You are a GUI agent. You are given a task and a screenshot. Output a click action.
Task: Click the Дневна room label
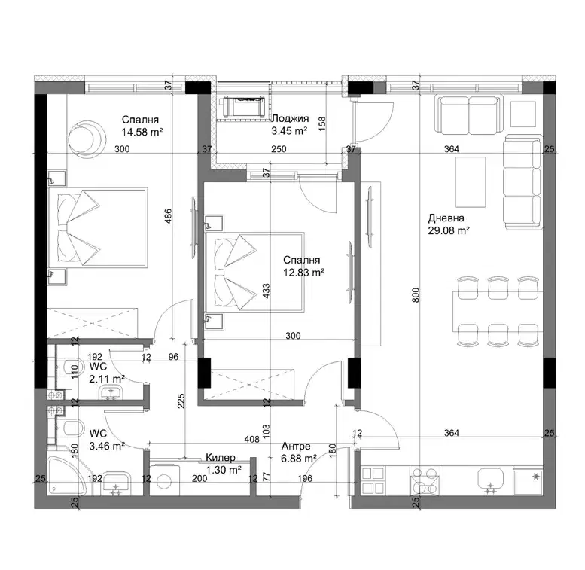pos(446,218)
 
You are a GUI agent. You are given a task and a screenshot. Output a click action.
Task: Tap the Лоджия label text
pos(290,119)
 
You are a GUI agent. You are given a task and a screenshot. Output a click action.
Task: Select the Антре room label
pos(296,447)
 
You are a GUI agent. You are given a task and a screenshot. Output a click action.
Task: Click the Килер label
pos(221,457)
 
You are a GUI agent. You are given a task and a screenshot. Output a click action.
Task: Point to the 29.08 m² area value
pos(449,230)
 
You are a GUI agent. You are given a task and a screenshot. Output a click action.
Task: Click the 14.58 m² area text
pos(142,132)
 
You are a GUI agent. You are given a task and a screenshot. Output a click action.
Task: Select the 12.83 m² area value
pos(303,273)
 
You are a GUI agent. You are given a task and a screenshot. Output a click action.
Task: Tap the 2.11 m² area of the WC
pos(107,379)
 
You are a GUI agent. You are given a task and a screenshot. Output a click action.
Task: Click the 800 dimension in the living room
pos(416,295)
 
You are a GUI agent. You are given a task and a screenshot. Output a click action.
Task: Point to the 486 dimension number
pos(168,216)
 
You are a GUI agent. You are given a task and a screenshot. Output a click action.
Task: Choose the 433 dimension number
pos(267,291)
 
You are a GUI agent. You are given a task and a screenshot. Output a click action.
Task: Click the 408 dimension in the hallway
pos(251,440)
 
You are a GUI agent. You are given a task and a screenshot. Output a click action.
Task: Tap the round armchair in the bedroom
pos(85,139)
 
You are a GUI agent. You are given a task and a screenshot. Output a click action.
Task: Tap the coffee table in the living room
pos(470,181)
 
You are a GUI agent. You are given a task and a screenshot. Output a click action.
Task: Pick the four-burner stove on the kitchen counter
pos(425,481)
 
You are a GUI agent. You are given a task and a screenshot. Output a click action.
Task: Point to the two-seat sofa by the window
pos(469,115)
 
